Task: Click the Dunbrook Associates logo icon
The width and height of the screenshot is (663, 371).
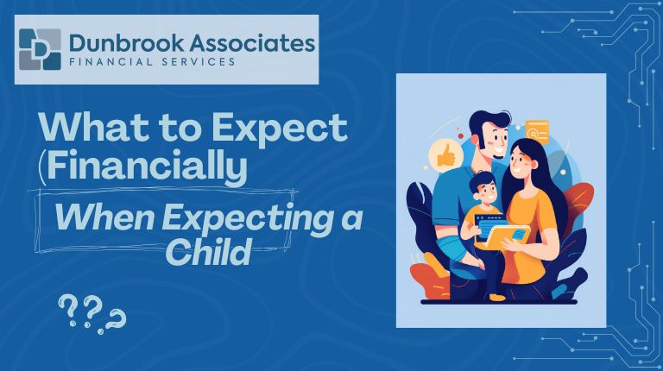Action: (40, 49)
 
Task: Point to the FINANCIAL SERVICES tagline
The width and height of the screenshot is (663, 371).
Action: (154, 63)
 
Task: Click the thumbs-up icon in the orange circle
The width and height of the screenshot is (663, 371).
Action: (445, 155)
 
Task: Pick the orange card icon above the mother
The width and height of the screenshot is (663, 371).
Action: (537, 130)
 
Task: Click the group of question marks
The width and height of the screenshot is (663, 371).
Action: (92, 313)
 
